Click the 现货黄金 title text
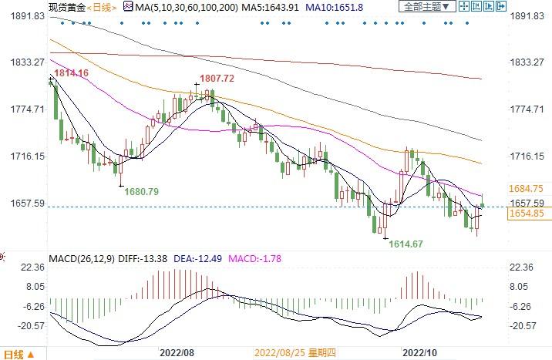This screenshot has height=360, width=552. click(x=65, y=7)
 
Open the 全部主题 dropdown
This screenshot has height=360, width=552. click(x=424, y=7)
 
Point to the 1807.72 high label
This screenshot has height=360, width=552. click(x=217, y=79)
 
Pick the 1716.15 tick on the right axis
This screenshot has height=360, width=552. click(x=528, y=156)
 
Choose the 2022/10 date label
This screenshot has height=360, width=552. click(x=421, y=352)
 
